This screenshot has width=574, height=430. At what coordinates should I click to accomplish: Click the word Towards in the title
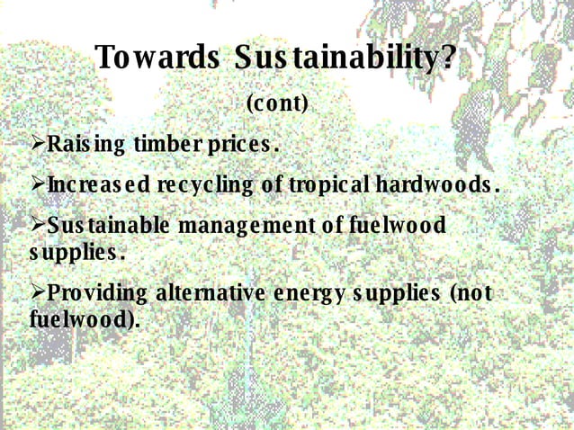click(x=157, y=58)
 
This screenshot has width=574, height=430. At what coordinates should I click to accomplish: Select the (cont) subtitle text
click(x=277, y=104)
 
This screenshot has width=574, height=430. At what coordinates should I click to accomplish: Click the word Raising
click(x=86, y=144)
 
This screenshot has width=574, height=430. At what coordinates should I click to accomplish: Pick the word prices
click(x=241, y=145)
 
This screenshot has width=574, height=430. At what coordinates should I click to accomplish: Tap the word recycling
click(x=206, y=186)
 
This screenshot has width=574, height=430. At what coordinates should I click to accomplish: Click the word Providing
click(x=97, y=295)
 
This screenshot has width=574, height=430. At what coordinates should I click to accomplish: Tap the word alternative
click(x=211, y=294)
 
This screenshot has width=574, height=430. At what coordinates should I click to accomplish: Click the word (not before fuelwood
click(x=469, y=294)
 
